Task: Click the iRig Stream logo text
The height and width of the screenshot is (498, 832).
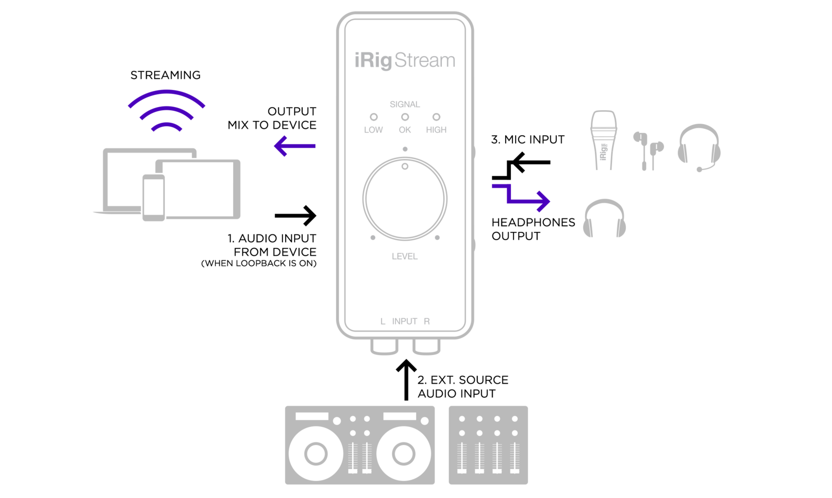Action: [405, 60]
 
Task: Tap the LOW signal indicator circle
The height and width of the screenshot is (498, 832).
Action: [374, 117]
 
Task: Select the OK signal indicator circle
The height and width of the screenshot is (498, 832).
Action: [405, 117]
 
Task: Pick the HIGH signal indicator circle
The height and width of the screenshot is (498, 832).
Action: [437, 117]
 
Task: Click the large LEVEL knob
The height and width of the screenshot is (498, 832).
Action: [405, 199]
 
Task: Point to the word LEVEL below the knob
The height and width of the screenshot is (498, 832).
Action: [404, 256]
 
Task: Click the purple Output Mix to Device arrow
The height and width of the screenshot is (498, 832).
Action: [295, 146]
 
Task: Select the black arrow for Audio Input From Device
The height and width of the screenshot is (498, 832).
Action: [296, 216]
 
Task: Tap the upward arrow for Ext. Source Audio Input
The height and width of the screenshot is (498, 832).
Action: [406, 379]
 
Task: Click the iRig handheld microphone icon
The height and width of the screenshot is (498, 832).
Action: [604, 140]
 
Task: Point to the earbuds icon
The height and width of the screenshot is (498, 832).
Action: [648, 150]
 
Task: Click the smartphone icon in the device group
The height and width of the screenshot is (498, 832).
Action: [154, 198]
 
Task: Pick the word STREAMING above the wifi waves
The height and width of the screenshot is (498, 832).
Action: [165, 75]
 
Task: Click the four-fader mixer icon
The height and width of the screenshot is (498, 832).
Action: [488, 445]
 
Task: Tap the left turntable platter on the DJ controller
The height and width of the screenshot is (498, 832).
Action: [316, 453]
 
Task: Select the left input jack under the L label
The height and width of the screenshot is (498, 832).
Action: [385, 347]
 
